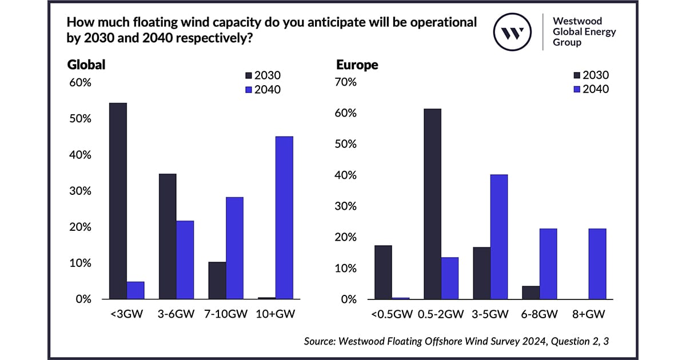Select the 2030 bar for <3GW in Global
point(118,201)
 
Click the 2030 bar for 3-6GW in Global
point(167,236)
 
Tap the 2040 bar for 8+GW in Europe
point(597,263)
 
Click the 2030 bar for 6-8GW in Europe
point(531,292)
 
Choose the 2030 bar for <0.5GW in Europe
point(383,272)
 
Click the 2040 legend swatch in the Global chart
point(248,90)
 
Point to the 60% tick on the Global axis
point(80,83)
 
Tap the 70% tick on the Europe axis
point(346,82)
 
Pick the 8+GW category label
point(589,314)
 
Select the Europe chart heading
point(357,65)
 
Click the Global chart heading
point(86,65)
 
